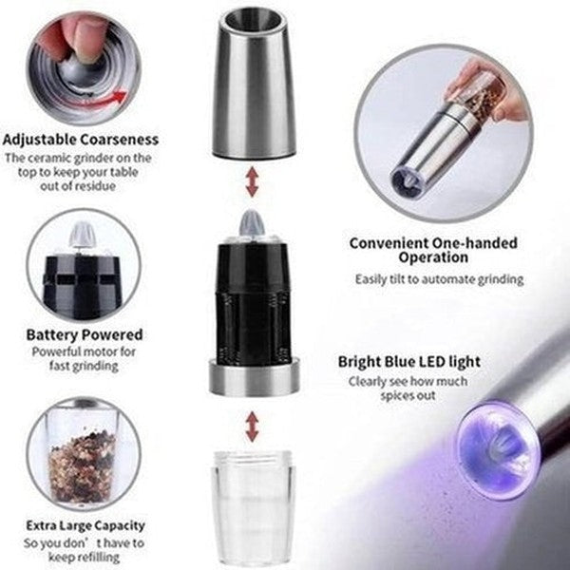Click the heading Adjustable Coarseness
tap(80, 140)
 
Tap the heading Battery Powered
tap(85, 334)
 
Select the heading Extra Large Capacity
tap(85, 524)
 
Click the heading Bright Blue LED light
tap(408, 362)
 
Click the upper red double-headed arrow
tap(252, 182)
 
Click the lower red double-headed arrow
tap(252, 427)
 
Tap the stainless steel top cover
tap(252, 85)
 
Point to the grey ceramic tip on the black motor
tap(253, 224)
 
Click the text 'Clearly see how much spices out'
tap(408, 388)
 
